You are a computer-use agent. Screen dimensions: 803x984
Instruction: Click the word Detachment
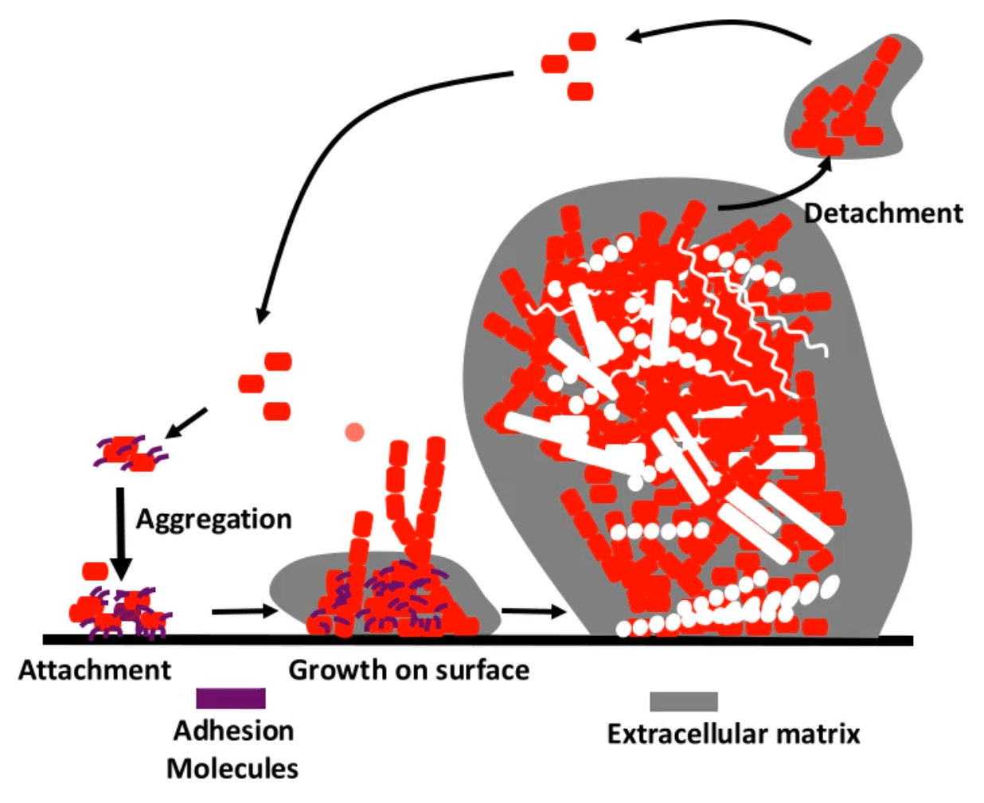[883, 213]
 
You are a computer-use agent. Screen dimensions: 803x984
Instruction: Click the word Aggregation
[213, 519]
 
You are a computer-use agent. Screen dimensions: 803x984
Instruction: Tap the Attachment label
[95, 670]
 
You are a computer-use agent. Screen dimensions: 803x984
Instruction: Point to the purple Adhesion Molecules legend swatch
[231, 698]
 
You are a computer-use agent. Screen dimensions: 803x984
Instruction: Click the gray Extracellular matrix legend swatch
[683, 701]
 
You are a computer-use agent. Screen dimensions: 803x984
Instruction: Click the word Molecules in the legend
[232, 769]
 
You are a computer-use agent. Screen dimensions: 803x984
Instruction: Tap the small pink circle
[354, 432]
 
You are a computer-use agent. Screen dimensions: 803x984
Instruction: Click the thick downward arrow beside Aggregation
[120, 533]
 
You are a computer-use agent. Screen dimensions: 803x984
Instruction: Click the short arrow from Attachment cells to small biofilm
[244, 611]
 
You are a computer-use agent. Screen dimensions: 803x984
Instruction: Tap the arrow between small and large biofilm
[533, 611]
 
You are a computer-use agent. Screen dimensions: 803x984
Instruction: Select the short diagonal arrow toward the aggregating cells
[186, 422]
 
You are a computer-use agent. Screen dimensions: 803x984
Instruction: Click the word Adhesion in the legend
[233, 731]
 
